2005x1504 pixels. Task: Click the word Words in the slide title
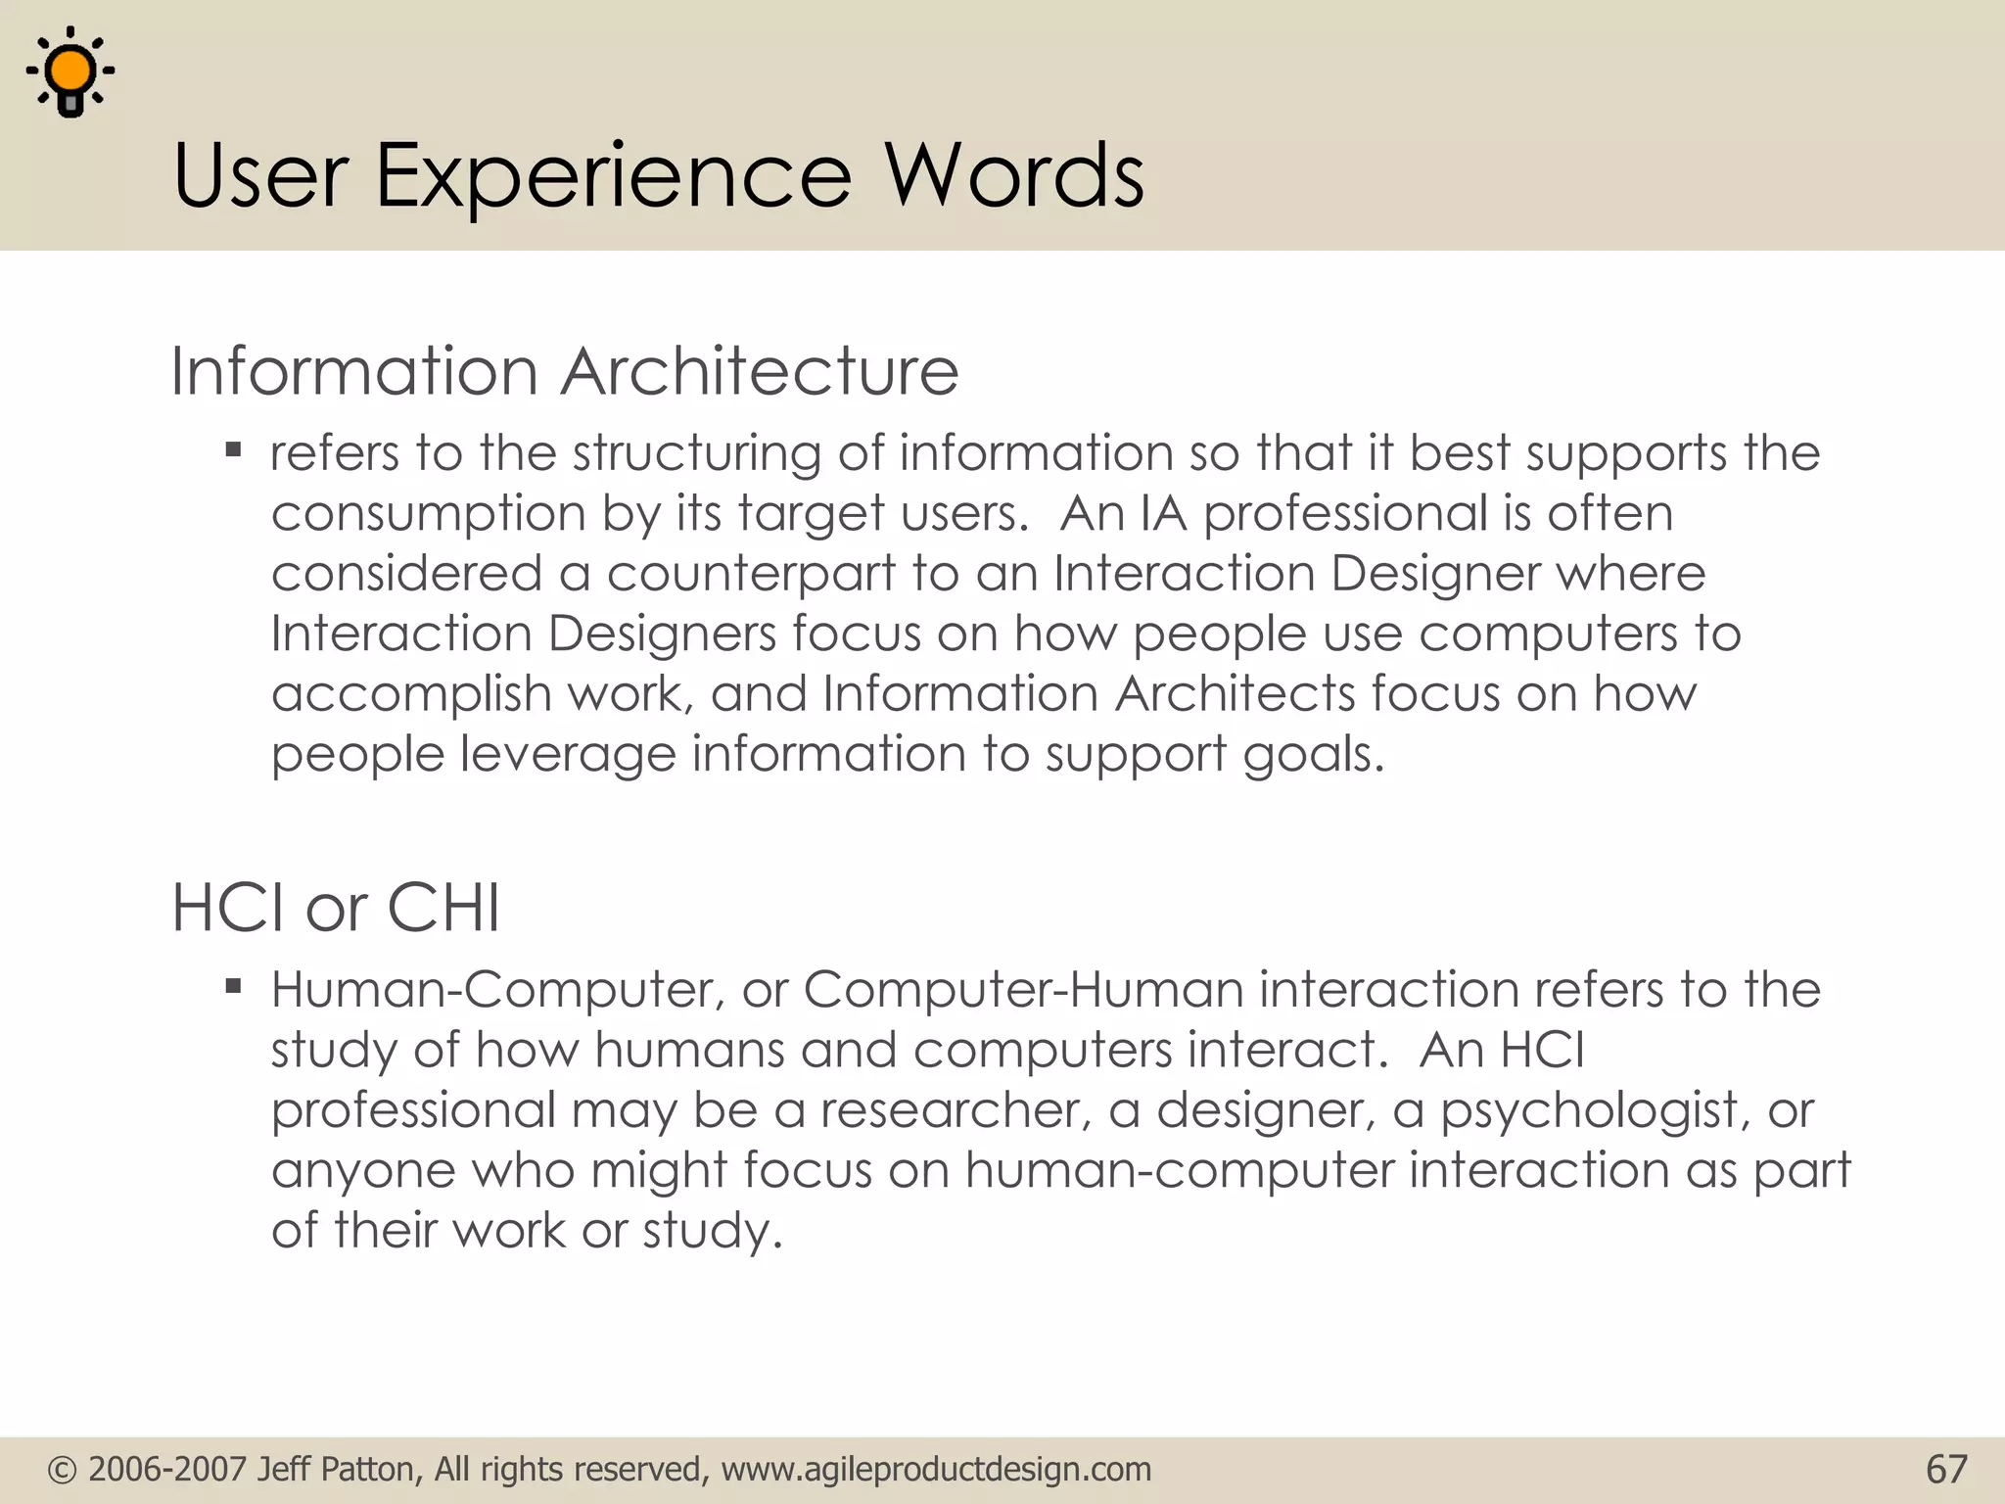(1014, 176)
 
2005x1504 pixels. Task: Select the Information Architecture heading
(564, 372)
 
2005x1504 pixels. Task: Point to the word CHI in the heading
(443, 908)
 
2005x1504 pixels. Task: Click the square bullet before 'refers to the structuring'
(233, 450)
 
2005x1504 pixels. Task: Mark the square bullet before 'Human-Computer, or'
(233, 986)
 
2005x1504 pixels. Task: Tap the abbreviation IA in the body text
(1163, 513)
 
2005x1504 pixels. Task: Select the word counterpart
(751, 575)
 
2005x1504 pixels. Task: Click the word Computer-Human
(1023, 990)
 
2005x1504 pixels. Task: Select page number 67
(1946, 1470)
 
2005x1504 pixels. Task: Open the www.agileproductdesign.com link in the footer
(936, 1470)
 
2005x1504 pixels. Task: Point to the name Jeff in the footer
(285, 1470)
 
